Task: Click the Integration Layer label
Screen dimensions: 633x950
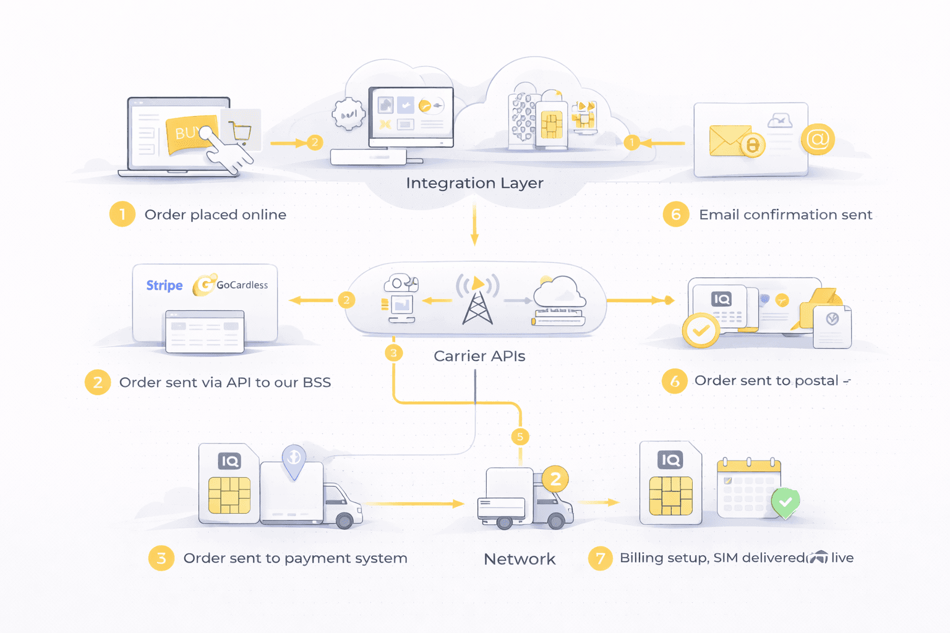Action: coord(474,183)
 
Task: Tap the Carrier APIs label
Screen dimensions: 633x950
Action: coord(479,356)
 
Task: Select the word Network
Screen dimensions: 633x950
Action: coord(520,559)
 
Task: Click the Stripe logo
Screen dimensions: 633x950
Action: coord(165,285)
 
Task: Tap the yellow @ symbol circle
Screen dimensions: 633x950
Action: coord(817,139)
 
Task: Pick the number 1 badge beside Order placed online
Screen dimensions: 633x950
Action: coord(122,215)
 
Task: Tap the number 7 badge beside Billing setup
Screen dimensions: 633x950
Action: coord(600,558)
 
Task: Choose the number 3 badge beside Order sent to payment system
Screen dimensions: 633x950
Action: coord(161,558)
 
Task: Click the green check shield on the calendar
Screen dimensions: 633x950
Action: coord(785,502)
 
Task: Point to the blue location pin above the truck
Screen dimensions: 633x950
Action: coord(294,460)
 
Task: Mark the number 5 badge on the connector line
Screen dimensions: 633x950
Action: coord(520,437)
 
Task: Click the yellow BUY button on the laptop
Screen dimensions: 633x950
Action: coord(189,134)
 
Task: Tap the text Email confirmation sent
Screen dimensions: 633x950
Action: coord(785,215)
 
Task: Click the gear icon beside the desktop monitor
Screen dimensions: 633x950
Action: coord(348,114)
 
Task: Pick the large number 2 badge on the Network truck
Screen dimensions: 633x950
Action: coord(555,479)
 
